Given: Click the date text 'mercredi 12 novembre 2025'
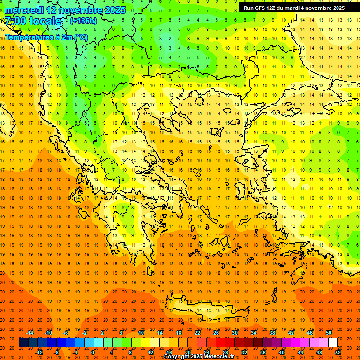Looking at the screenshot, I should coord(65,10).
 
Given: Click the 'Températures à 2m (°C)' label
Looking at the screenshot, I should coord(46,37).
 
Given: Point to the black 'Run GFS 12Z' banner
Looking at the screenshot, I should coord(294,8).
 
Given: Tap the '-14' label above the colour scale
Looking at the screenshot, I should coord(30,333).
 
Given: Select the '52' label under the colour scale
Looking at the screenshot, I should coord(338,352).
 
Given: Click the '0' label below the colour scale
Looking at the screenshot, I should coord(92,352).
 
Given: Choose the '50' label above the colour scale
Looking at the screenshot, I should coord(328,333).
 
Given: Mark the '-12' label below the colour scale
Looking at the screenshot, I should coord(39,352).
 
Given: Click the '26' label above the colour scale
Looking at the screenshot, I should coord(216,333).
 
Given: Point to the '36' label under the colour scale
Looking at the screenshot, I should coord(263,352).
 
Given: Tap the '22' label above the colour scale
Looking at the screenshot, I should coord(197,333).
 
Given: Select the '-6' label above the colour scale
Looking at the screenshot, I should coord(66,333).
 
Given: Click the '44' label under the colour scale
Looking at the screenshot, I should coord(300,352).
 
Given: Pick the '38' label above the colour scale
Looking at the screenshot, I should coord(272,333).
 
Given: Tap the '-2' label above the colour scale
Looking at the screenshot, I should coord(85,333).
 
